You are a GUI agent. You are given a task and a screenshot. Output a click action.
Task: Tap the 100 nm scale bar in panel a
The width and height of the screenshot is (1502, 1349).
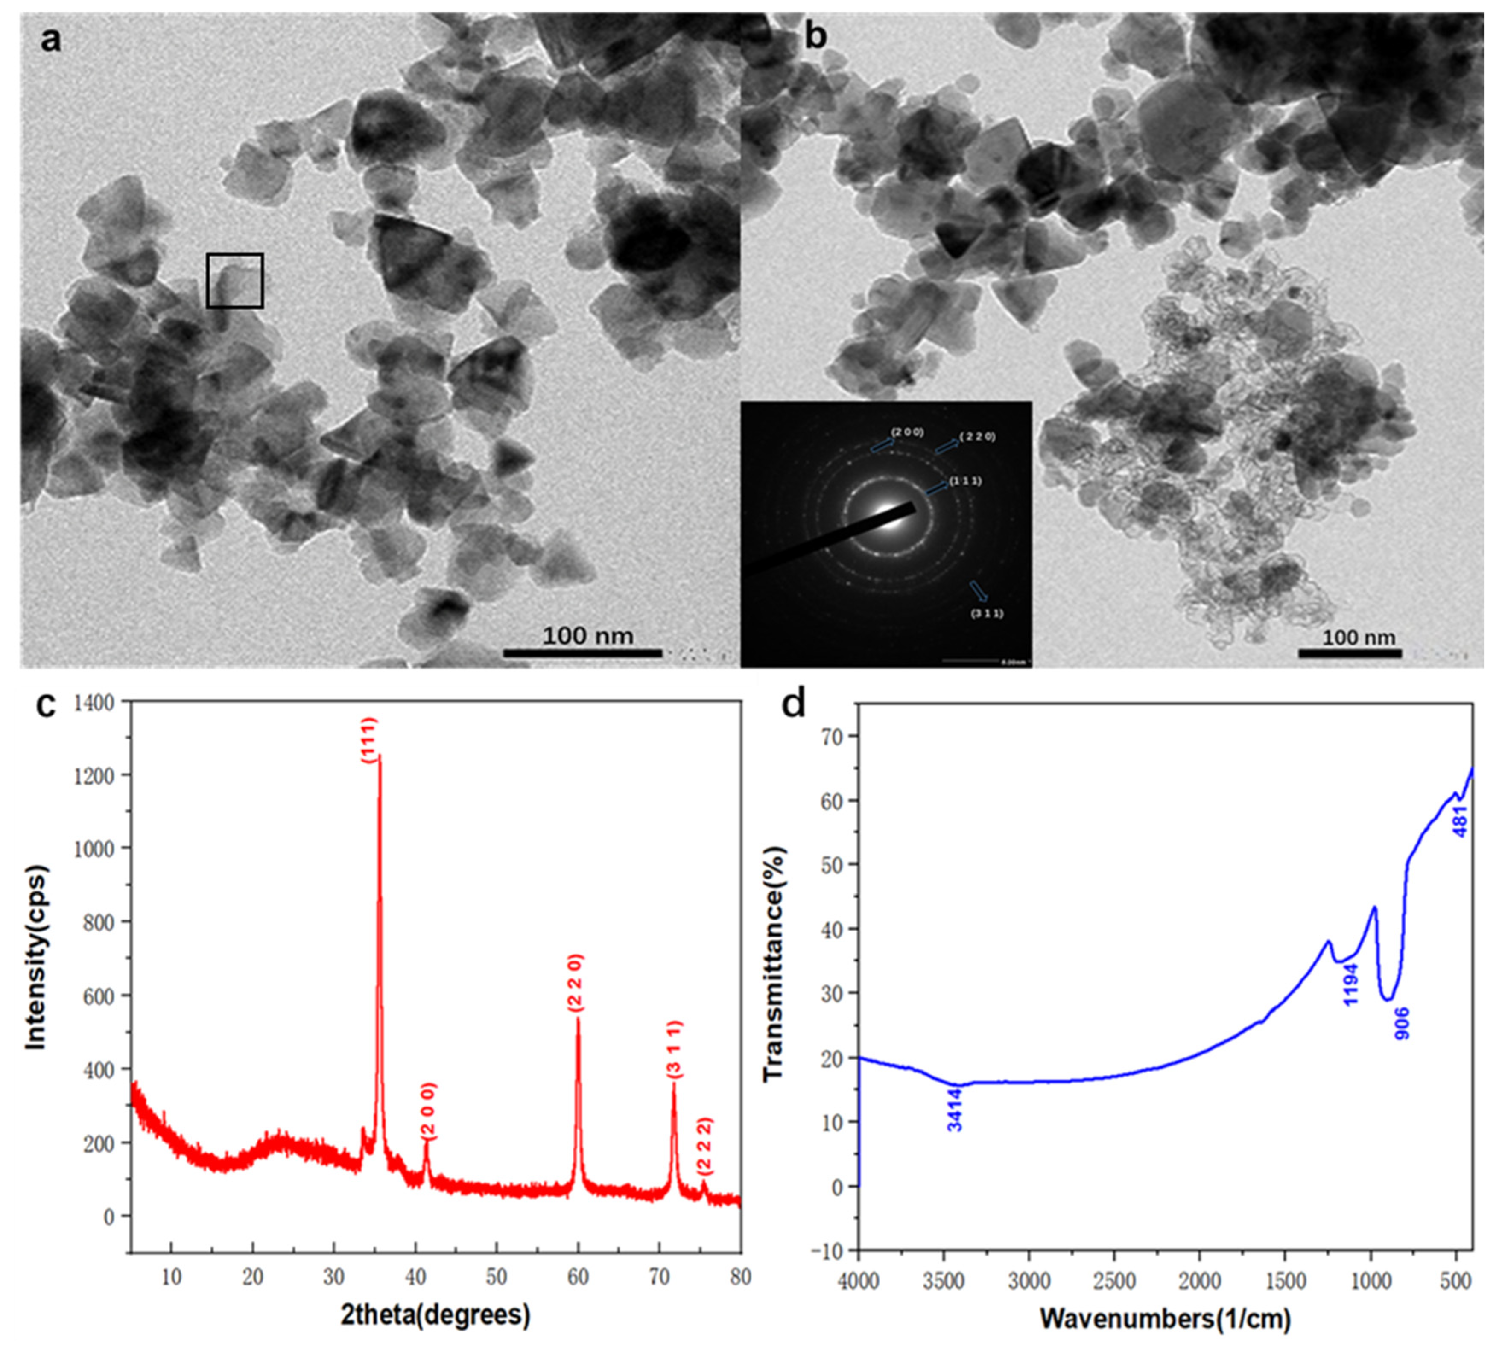click(583, 652)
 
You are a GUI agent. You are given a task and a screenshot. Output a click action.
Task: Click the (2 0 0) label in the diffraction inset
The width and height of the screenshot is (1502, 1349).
click(907, 432)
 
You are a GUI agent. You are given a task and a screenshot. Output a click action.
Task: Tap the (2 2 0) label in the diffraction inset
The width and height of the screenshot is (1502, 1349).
click(977, 437)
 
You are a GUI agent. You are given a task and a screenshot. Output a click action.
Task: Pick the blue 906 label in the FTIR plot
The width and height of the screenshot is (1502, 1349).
click(1402, 1022)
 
